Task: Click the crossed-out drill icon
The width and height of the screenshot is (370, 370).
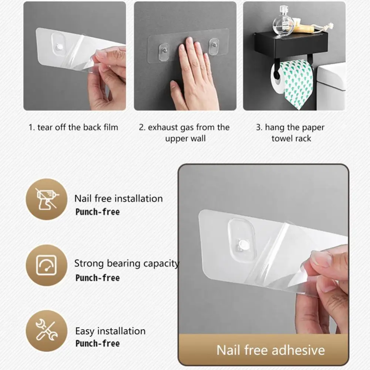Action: [47, 199]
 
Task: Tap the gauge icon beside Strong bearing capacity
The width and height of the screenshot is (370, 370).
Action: [46, 265]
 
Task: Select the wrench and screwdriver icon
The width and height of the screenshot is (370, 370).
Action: [47, 330]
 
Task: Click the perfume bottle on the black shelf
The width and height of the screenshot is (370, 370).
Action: [283, 21]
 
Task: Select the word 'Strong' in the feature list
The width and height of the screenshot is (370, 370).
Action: [89, 263]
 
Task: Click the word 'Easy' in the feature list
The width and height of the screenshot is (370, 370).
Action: [84, 332]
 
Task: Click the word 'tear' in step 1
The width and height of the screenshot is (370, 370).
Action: [45, 127]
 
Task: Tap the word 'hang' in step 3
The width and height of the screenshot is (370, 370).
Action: [275, 128]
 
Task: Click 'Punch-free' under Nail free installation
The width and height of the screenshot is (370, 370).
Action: [97, 212]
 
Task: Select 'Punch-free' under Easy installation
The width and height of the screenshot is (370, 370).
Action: [97, 343]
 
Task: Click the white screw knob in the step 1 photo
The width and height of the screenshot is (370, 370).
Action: [59, 47]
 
